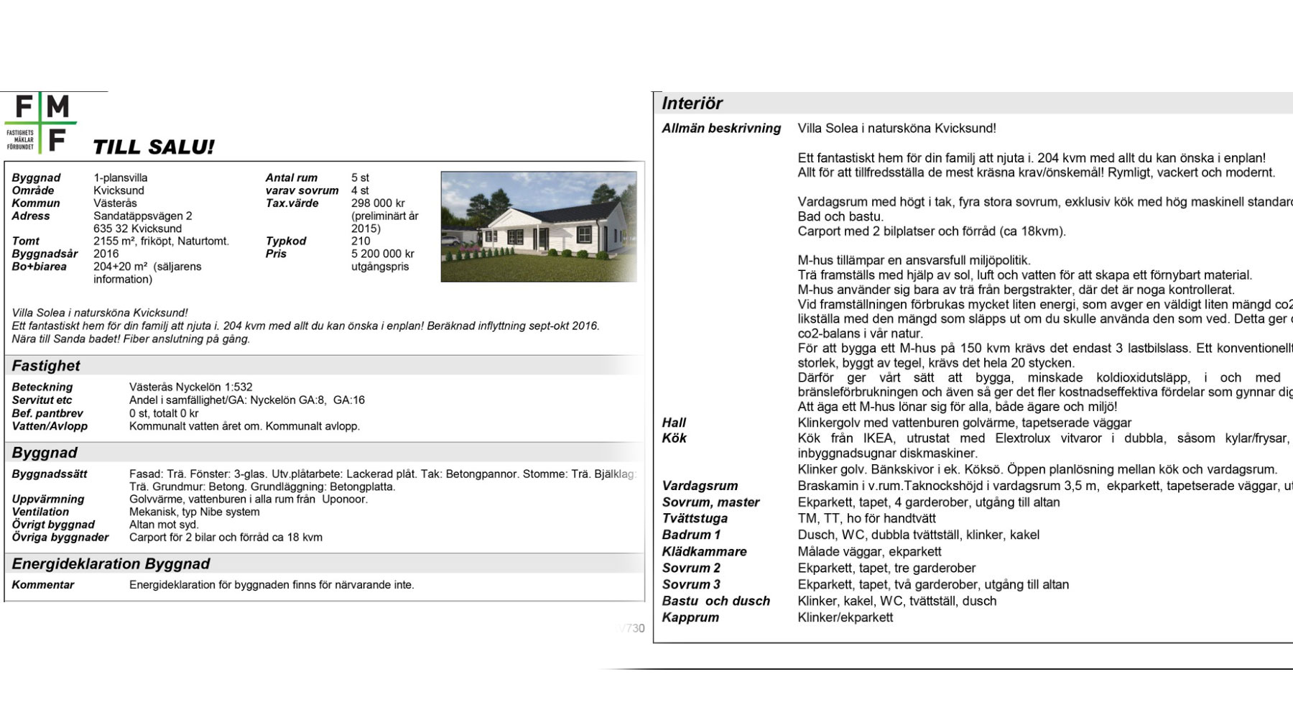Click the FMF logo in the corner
click(x=41, y=123)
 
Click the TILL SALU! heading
click(x=154, y=147)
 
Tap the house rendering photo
click(x=538, y=226)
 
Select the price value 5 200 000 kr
click(x=382, y=254)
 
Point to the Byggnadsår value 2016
click(x=106, y=254)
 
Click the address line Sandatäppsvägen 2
click(x=143, y=216)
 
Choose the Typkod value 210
click(x=361, y=241)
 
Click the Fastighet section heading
click(x=46, y=366)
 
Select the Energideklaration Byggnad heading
click(x=111, y=564)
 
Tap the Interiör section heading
click(x=692, y=103)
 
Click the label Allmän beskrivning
click(x=721, y=129)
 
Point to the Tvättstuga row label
click(x=695, y=518)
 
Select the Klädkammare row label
click(x=704, y=551)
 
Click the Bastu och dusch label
click(x=715, y=601)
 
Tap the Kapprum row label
click(x=690, y=617)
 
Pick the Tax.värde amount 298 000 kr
click(x=378, y=203)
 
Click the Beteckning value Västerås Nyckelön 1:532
click(x=190, y=387)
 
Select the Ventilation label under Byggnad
click(x=40, y=512)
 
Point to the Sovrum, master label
click(x=710, y=502)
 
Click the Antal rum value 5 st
click(x=360, y=178)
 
